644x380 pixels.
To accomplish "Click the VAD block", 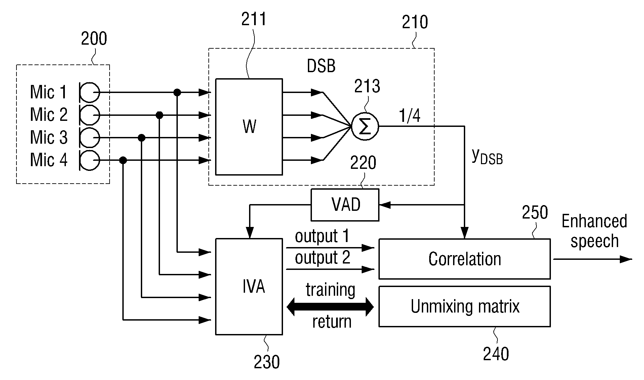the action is point(345,205).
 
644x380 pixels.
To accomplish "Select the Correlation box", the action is point(465,259).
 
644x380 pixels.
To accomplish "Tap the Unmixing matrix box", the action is point(465,306).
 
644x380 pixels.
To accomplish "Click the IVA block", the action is point(249,287).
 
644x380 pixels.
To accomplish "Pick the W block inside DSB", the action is point(249,127).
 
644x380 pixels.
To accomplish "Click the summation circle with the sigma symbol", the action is point(365,127).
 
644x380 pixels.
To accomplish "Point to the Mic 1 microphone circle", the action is point(90,92).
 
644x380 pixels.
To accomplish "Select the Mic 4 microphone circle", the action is point(90,160).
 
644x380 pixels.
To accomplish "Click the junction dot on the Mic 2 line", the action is point(160,115).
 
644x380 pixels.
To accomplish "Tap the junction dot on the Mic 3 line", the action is point(142,138).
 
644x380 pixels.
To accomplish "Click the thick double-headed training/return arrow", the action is point(330,306).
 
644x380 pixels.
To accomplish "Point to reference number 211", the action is point(254,19).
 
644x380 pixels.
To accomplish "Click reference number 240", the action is point(496,354).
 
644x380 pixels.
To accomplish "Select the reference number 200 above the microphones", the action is point(94,39).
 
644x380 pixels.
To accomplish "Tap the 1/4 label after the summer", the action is point(410,116).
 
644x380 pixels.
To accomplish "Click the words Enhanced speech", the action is point(594,231).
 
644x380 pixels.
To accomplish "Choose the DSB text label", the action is point(321,66).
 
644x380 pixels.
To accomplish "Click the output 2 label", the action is point(322,258).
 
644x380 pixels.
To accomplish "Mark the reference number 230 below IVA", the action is point(267,362).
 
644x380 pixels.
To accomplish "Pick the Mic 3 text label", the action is point(49,138).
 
